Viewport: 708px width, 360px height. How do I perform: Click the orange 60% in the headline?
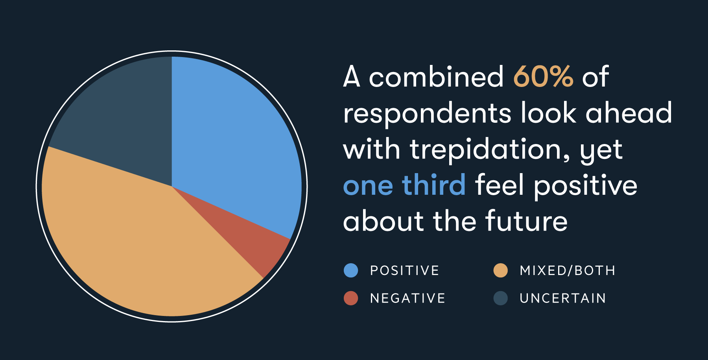pos(543,77)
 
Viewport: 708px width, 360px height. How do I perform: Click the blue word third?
pos(433,185)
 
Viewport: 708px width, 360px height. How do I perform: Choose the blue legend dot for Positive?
pos(351,270)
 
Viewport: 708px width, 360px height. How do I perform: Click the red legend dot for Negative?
pos(351,298)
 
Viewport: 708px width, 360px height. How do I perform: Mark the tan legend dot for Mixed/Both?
pos(500,270)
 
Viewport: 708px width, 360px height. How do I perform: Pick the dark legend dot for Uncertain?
pos(500,298)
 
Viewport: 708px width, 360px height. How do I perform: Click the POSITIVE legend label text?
pos(404,271)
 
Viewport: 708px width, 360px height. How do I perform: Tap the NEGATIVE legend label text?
pos(407,298)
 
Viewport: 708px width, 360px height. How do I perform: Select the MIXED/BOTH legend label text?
pos(567,271)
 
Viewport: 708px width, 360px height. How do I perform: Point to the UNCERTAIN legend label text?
pos(562,298)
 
